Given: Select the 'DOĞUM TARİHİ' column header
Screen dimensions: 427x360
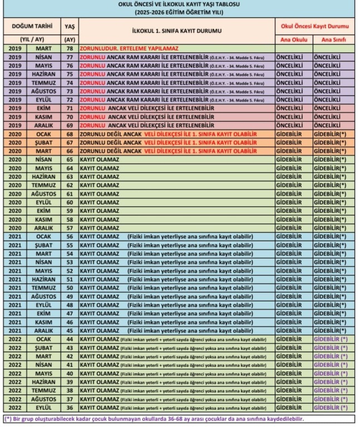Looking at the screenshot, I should pyautogui.click(x=32, y=26).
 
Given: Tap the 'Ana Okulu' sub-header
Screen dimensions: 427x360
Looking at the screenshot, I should pyautogui.click(x=292, y=39).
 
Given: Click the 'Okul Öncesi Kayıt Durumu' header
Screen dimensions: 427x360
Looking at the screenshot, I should pyautogui.click(x=314, y=26).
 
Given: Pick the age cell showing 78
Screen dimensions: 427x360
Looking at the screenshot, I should pyautogui.click(x=70, y=49).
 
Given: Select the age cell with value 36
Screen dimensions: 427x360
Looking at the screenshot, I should pyautogui.click(x=70, y=408).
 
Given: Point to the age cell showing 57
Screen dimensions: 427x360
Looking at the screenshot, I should pyautogui.click(x=70, y=228).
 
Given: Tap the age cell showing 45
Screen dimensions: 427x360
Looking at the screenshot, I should pyautogui.click(x=70, y=330).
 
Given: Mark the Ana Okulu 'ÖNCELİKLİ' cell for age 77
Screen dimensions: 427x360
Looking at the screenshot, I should pyautogui.click(x=292, y=57).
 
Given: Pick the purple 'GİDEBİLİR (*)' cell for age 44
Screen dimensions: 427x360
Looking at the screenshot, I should pyautogui.click(x=331, y=339).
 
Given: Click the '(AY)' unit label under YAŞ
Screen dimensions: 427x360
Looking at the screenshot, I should pyautogui.click(x=70, y=39).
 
